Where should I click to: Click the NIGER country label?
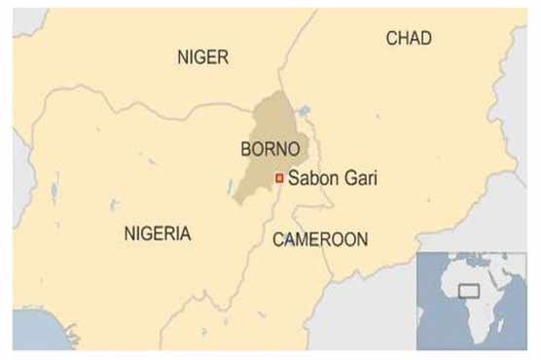click(x=202, y=58)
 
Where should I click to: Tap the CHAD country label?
click(x=409, y=38)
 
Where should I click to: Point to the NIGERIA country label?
click(x=158, y=234)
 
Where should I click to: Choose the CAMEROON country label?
click(x=319, y=238)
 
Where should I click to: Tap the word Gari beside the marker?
click(x=357, y=178)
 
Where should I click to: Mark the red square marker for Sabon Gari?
click(x=279, y=178)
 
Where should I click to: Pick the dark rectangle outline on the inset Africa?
click(x=471, y=290)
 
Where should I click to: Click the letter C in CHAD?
click(x=392, y=38)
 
